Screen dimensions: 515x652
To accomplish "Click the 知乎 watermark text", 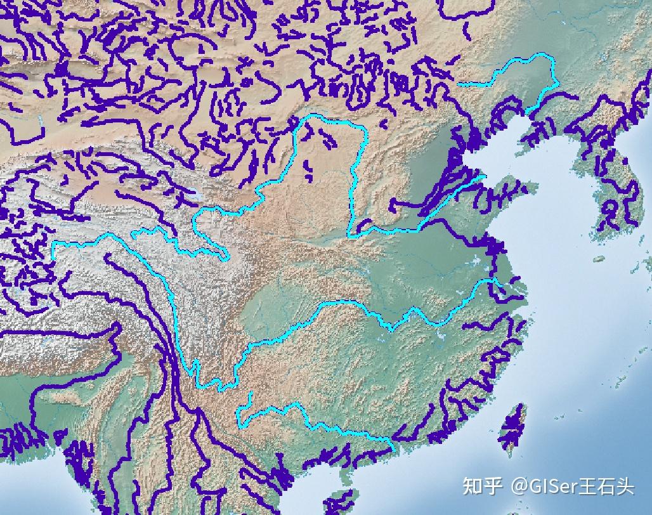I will click(x=483, y=486).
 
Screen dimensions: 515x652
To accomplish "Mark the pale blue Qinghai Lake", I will click(x=198, y=196).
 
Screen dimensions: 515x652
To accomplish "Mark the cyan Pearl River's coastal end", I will click(x=393, y=449).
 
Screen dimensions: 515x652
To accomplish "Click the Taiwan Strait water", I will click(x=485, y=412).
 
